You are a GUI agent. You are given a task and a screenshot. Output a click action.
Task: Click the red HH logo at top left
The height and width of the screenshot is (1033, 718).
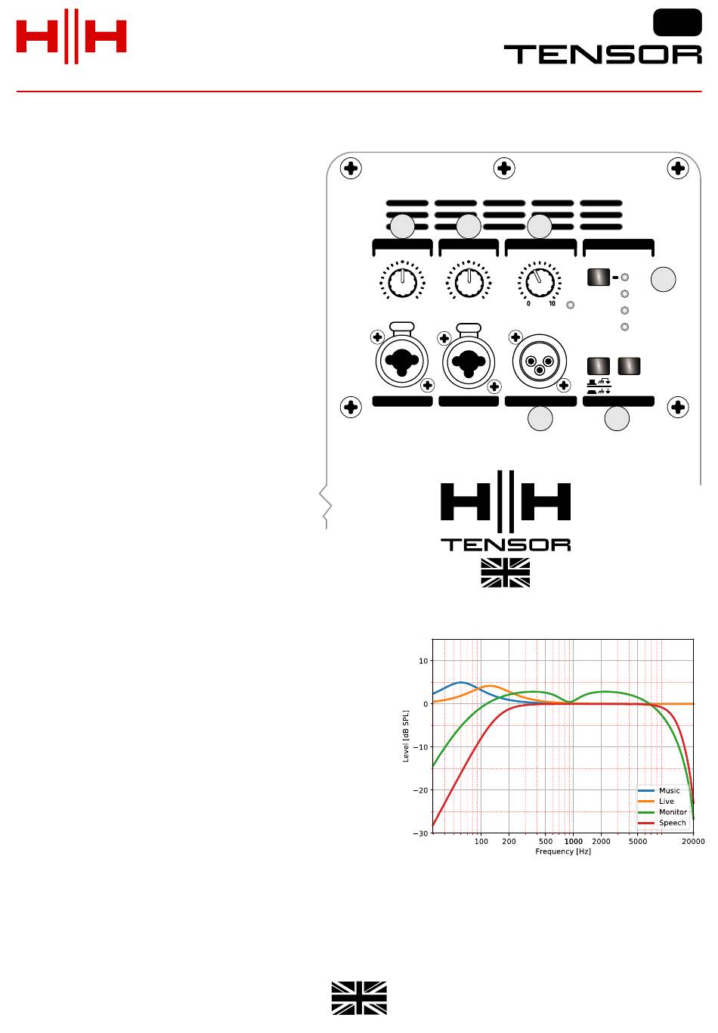[72, 36]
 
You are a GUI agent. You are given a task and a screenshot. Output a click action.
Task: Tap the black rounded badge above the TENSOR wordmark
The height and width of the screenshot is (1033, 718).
[677, 22]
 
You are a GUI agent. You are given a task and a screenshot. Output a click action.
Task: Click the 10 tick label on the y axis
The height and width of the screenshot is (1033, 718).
[423, 661]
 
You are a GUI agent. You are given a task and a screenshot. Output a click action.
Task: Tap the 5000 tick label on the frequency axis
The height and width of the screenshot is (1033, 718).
[638, 841]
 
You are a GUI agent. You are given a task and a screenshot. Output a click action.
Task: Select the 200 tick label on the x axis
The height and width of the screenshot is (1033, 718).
[509, 841]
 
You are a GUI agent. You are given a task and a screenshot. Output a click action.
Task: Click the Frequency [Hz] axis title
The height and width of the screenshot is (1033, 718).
[563, 852]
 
